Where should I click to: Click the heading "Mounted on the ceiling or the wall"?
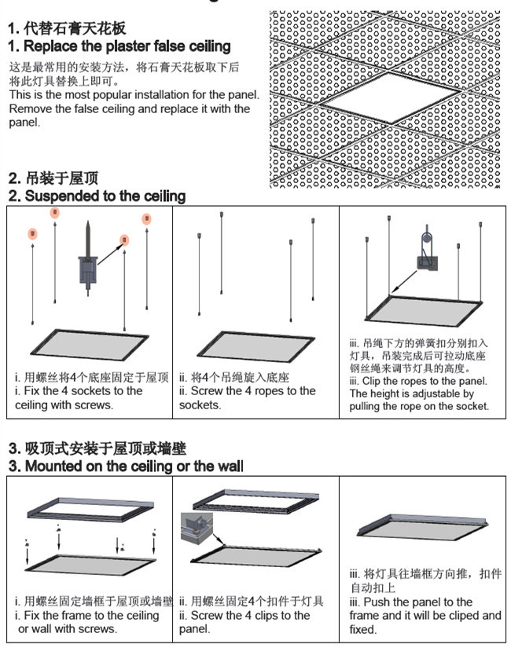pos(134,466)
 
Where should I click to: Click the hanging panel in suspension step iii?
pos(425,311)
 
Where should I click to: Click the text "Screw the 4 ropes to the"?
pos(248,391)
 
